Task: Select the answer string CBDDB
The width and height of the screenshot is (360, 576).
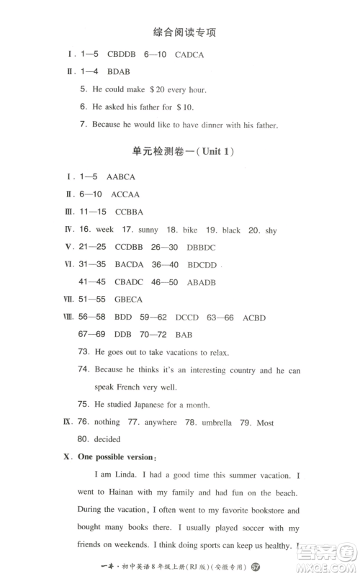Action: point(122,54)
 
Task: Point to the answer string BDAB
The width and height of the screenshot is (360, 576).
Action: point(120,71)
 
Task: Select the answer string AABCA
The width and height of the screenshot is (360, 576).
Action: point(121,176)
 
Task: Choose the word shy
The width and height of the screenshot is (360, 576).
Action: point(269,230)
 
